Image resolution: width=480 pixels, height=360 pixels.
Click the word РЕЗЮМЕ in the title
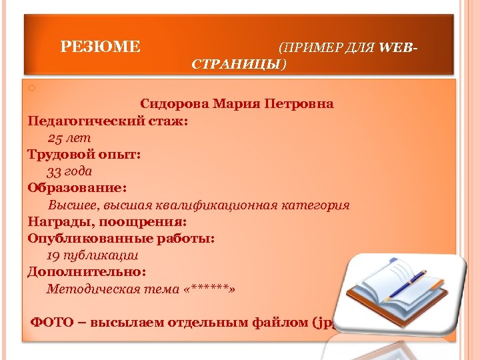point(101,47)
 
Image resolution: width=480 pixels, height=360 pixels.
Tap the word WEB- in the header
point(400,47)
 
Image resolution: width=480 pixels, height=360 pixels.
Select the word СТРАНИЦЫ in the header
point(237,64)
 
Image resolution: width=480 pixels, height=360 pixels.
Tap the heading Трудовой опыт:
point(84,155)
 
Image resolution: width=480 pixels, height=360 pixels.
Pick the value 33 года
point(69,171)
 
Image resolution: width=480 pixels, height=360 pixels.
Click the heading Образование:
point(77,188)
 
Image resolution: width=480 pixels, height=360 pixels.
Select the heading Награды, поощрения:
point(107,221)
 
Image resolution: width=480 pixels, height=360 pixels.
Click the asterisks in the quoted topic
point(213,289)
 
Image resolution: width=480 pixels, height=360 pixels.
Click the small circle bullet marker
point(31,89)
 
